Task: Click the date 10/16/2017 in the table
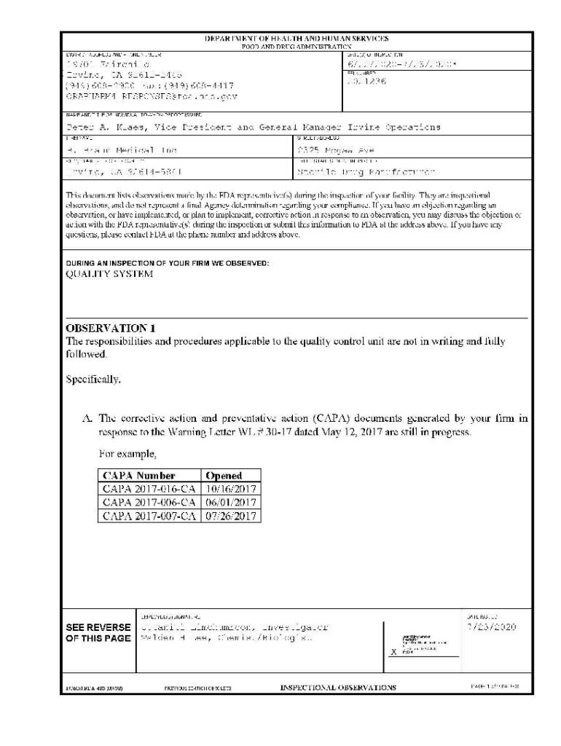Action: (231, 489)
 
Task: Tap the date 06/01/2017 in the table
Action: (231, 503)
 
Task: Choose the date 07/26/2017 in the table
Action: (231, 516)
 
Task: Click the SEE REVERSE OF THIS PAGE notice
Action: (98, 632)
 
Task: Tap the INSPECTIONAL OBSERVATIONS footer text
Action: (338, 687)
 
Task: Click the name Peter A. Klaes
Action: (98, 127)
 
